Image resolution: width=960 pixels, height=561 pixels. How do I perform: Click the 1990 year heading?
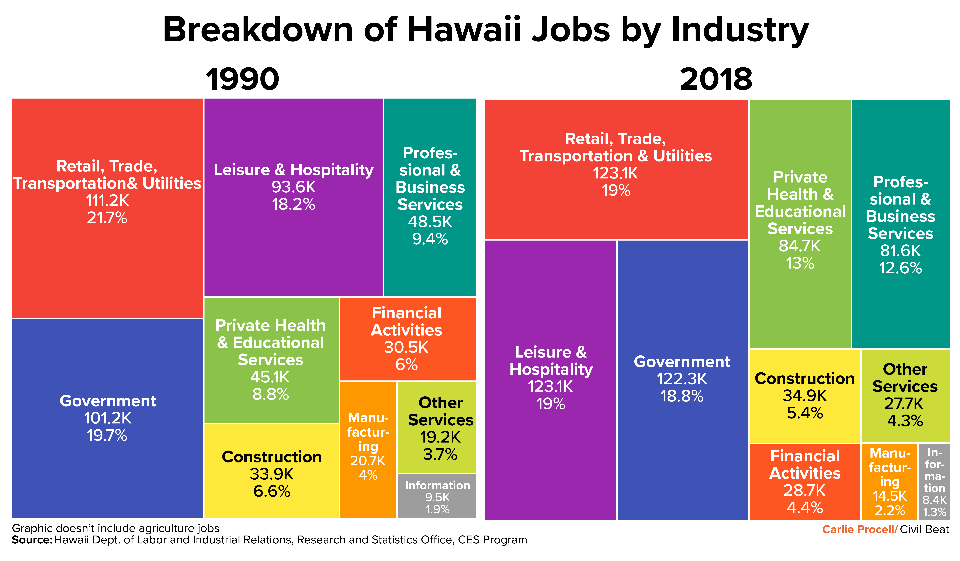click(242, 79)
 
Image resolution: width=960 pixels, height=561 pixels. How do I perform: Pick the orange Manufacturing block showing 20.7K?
click(368, 450)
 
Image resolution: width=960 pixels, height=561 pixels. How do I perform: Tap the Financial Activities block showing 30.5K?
click(408, 339)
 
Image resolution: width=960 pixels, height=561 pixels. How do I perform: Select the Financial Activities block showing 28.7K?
click(805, 482)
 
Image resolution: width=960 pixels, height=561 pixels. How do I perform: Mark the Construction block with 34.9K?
click(805, 396)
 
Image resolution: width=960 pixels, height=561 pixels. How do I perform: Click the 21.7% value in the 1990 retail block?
click(107, 218)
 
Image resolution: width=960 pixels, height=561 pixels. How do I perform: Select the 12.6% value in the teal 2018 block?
click(901, 268)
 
